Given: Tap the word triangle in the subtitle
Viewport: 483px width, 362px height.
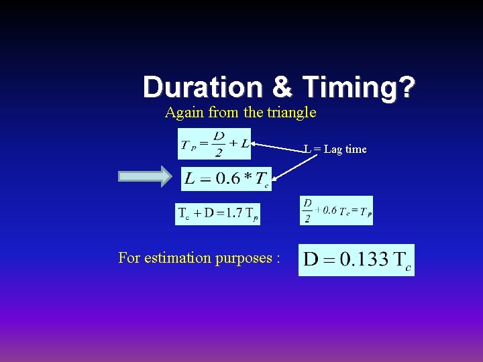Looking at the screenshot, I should [x=291, y=113].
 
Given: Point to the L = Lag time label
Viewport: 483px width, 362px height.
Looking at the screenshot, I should [x=335, y=149].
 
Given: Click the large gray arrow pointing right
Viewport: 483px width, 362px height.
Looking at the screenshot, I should [x=145, y=176].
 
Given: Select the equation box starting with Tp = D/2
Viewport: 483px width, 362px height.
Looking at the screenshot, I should [x=214, y=143].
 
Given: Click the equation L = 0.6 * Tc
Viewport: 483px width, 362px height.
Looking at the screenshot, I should [x=226, y=179].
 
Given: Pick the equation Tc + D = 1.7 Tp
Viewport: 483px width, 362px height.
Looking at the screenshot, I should [x=217, y=214].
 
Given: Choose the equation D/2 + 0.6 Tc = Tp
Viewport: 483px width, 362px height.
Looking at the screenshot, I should [x=336, y=210].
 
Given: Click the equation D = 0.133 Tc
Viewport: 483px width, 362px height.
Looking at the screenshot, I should [x=356, y=260].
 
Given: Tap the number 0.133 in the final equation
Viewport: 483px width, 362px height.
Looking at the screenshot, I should [x=366, y=259].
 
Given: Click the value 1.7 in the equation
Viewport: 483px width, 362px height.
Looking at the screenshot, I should [x=235, y=213].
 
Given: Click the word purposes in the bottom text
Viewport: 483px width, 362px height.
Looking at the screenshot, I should [x=241, y=258].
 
